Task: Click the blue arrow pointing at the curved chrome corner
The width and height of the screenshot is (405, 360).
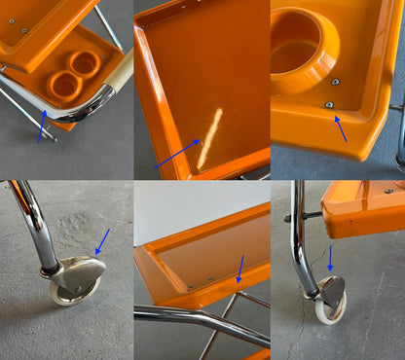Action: tap(41, 126)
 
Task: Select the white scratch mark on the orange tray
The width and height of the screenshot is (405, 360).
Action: tap(208, 139)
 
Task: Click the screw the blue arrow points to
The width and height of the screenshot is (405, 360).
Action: tap(329, 105)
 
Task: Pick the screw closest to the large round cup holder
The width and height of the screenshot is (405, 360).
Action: tap(336, 82)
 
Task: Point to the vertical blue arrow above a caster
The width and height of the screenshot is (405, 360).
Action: tap(330, 259)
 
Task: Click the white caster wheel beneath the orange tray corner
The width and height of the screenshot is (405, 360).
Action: tap(324, 309)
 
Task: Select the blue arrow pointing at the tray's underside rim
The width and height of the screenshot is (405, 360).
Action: tap(239, 269)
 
